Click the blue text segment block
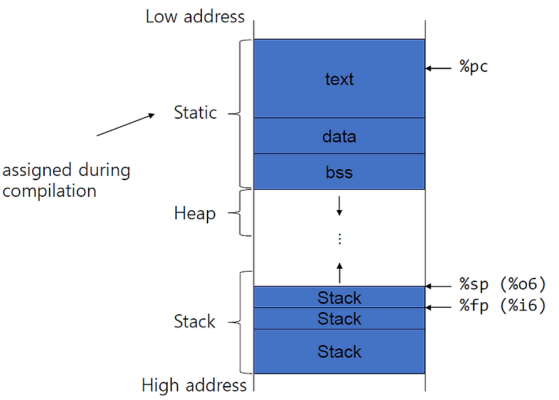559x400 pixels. (339, 78)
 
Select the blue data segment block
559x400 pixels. (339, 136)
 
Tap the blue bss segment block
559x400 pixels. (339, 172)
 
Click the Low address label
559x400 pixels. (195, 16)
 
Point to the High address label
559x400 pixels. (194, 385)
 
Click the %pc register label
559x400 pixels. (474, 68)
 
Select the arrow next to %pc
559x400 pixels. (439, 68)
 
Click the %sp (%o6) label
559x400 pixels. (502, 284)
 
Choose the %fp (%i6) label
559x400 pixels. (502, 306)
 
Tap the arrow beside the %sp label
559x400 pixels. (439, 286)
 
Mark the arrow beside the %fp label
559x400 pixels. (439, 306)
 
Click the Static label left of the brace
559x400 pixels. (195, 112)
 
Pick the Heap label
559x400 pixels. (194, 213)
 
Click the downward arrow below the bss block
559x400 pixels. (340, 205)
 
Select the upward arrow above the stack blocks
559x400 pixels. (340, 271)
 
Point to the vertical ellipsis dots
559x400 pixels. (340, 239)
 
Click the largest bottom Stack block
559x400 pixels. (339, 351)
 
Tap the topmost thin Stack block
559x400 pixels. (339, 297)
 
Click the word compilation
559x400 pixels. (49, 191)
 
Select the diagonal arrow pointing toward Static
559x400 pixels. (126, 124)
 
